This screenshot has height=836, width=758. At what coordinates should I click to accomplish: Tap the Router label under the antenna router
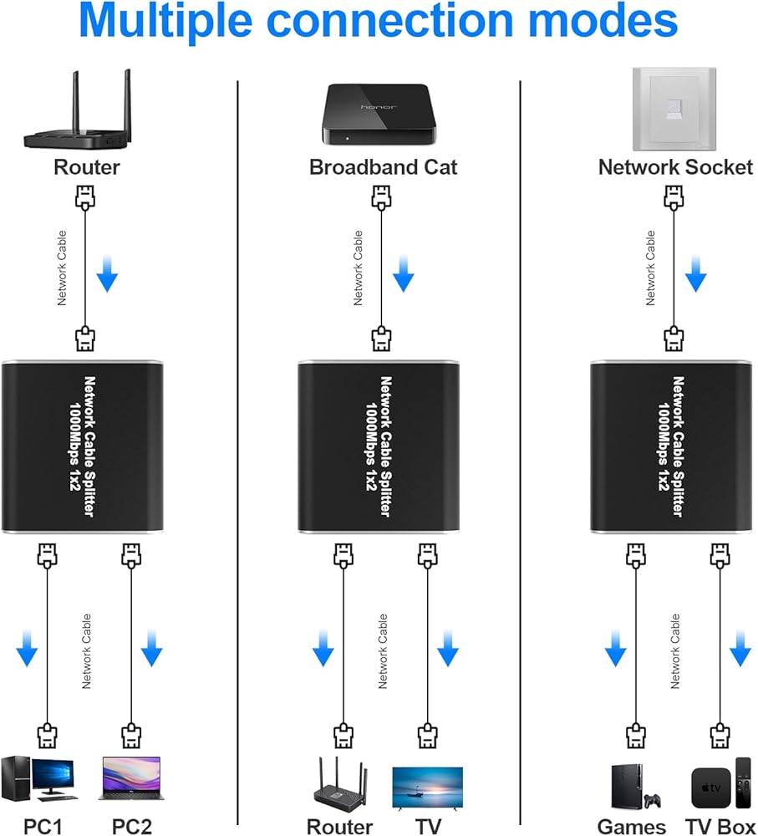(87, 166)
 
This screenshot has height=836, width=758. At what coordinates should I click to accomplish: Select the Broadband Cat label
(384, 166)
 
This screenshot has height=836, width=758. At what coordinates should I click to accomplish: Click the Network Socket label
(675, 166)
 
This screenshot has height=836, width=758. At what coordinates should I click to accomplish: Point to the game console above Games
(631, 787)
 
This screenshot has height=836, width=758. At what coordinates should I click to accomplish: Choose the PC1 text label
(43, 827)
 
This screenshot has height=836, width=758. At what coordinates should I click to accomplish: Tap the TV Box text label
(720, 827)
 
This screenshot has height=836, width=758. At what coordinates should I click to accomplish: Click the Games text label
(632, 827)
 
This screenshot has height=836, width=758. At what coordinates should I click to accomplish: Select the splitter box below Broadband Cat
(381, 447)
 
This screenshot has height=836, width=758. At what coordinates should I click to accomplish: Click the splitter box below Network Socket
(674, 447)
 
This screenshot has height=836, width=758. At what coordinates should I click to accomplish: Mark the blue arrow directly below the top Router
(107, 275)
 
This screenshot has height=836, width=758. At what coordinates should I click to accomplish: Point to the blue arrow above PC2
(151, 650)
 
